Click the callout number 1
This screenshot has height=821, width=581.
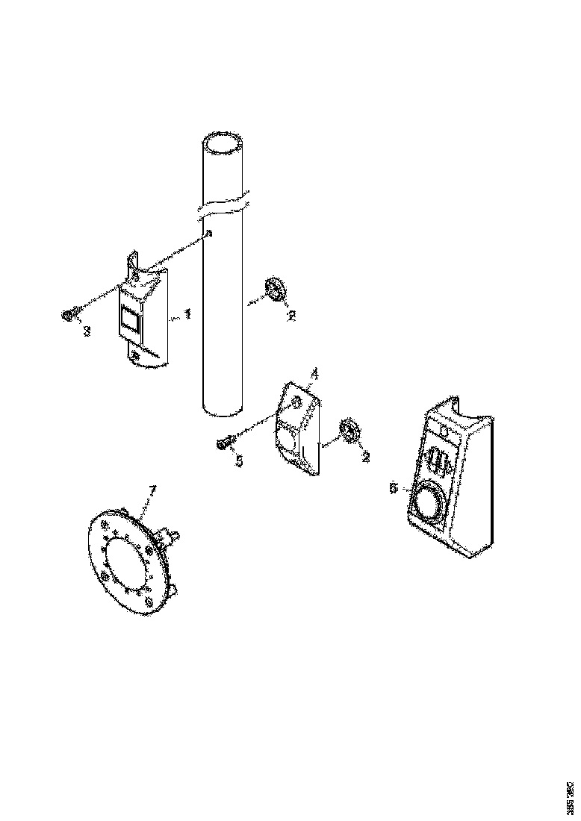(187, 314)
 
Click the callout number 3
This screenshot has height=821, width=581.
(87, 331)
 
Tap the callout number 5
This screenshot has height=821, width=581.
(239, 461)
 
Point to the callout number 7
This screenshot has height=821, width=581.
(152, 490)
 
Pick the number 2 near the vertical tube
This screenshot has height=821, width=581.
(291, 316)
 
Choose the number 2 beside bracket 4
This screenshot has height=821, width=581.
(365, 458)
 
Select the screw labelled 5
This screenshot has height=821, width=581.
(223, 444)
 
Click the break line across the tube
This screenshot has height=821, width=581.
(223, 207)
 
